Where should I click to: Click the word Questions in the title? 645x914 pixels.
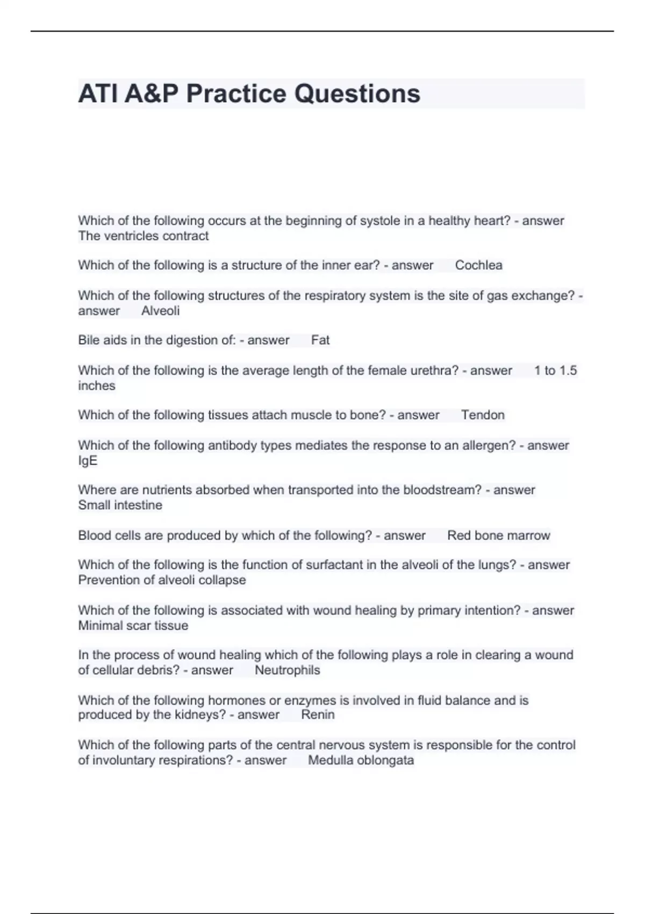pos(357,94)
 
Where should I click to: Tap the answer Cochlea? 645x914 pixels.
pos(478,265)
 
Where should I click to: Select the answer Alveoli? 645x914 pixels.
pos(160,311)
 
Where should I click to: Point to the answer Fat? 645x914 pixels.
pos(320,340)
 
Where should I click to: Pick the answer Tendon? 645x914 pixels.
pos(483,415)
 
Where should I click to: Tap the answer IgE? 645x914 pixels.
pos(88,461)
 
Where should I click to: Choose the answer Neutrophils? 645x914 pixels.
pos(287,670)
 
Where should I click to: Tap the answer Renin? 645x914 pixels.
pos(318,715)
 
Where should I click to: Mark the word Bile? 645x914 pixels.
pos(89,340)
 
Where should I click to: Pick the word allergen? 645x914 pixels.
pos(488,445)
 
